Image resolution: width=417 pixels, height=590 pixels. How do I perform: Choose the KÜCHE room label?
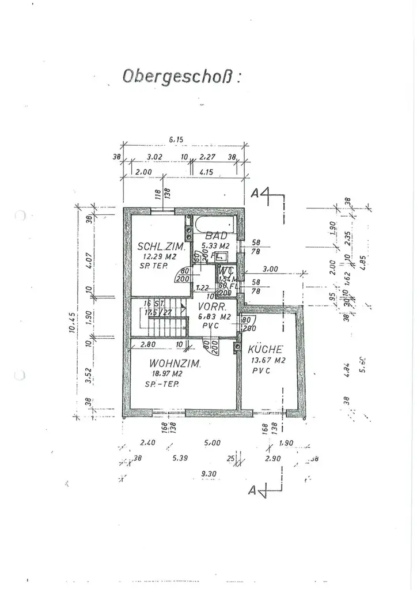266,349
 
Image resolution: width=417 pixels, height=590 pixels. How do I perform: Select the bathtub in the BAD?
213,224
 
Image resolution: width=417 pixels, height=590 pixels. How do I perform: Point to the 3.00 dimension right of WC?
270,268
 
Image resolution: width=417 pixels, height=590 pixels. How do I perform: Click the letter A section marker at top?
255,194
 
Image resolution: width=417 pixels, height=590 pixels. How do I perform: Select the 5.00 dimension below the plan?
212,444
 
